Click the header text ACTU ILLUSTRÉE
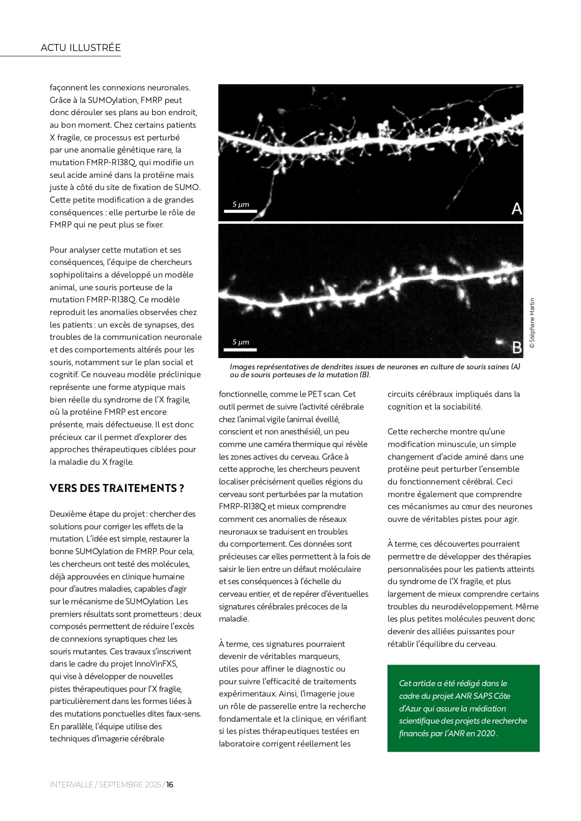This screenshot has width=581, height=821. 81,48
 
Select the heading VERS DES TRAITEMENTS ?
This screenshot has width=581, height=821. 117,488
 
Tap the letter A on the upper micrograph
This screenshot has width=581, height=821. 516,208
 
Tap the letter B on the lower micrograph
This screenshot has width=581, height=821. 517,347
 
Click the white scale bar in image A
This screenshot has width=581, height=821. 240,212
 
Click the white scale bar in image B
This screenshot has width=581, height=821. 240,349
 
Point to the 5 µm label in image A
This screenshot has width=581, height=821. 241,204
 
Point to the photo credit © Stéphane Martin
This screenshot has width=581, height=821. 532,323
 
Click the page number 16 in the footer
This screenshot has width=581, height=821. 170,784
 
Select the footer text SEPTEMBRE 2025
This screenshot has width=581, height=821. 130,784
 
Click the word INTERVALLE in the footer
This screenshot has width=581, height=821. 71,784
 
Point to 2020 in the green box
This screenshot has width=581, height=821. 486,733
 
